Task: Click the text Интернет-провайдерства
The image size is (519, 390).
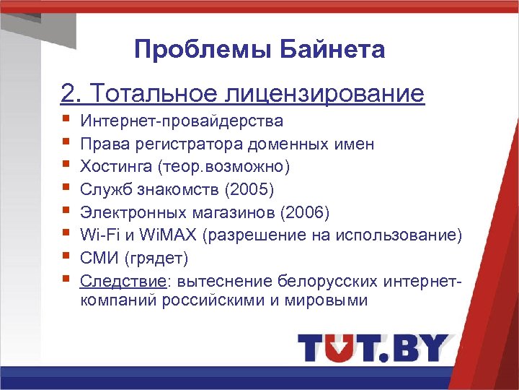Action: coord(182,121)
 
